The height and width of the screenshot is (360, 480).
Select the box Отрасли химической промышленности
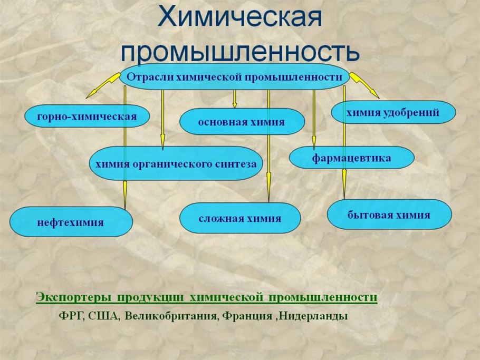(235, 77)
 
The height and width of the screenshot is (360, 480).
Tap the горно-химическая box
(87, 116)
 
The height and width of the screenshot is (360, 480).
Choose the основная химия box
(242, 122)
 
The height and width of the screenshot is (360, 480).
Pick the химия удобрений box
(393, 112)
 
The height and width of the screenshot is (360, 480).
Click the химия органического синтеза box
(176, 163)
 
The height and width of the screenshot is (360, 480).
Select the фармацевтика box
(351, 158)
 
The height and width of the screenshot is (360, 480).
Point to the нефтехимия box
(71, 222)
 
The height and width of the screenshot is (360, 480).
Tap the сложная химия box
(240, 218)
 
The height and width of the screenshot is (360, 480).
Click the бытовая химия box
(389, 215)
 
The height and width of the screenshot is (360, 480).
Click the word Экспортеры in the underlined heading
(74, 297)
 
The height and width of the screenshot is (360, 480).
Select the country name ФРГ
(70, 317)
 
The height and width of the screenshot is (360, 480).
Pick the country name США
(104, 317)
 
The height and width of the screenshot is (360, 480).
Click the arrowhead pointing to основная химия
(235, 104)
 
